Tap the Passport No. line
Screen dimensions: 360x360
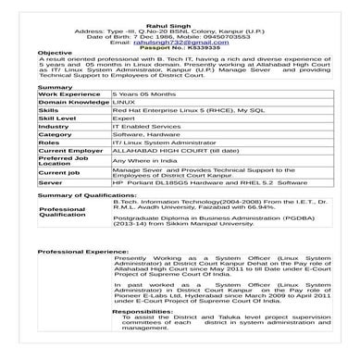tap(180, 47)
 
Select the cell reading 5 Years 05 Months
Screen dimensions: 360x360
tap(138, 94)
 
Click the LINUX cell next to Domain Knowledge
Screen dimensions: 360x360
tap(124, 103)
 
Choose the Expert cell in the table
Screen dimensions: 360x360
tap(124, 118)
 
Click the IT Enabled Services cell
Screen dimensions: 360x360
tap(141, 126)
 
